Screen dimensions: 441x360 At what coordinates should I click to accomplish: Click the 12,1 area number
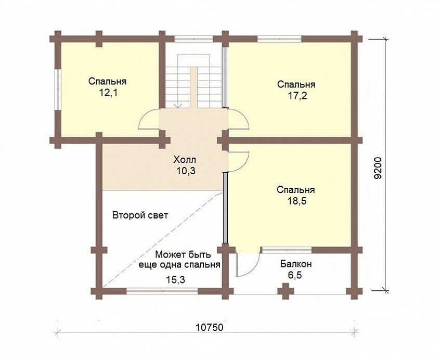107,93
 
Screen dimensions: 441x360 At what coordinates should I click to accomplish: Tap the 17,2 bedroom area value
297,96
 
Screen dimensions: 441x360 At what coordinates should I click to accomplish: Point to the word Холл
185,160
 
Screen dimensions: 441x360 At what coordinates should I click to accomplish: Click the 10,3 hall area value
186,171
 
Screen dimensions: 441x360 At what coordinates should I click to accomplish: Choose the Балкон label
296,264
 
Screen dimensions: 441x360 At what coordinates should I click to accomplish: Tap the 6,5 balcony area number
295,275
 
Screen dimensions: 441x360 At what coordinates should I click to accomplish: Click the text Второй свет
140,215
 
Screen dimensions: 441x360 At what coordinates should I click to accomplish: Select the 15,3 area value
175,279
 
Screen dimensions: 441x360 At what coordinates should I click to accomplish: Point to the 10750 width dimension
210,327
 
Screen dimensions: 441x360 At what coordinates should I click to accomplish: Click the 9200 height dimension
378,168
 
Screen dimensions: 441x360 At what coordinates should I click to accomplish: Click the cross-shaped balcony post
286,291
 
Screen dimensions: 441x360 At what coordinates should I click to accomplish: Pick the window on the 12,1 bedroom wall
58,89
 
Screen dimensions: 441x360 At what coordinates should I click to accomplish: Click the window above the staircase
193,39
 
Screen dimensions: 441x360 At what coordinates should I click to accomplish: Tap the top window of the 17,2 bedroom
280,39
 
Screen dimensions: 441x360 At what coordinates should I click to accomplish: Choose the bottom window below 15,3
162,291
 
